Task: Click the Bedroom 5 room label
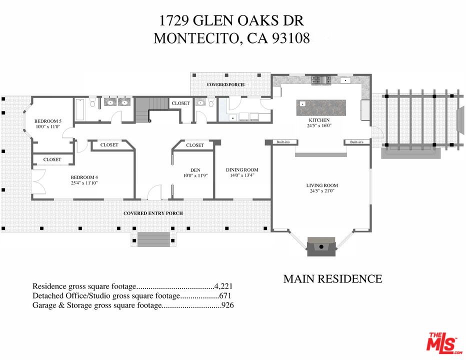[x=48, y=121]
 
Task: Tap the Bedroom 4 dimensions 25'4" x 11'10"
[x=84, y=183]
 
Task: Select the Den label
[x=195, y=170]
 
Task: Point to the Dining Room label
[x=242, y=169]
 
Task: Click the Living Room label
[x=322, y=185]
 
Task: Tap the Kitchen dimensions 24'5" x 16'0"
[x=319, y=125]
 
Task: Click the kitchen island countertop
[x=321, y=107]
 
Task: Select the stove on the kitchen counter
[x=321, y=79]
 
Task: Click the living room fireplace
[x=321, y=246]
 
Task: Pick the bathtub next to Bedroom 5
[x=79, y=109]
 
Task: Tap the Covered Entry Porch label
[x=153, y=213]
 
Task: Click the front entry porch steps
[x=153, y=239]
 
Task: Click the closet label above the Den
[x=195, y=145]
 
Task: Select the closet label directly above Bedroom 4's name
[x=52, y=159]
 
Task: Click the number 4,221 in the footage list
[x=223, y=286]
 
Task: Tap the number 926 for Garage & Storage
[x=227, y=305]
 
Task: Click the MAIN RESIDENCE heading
[x=332, y=279]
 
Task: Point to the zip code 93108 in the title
[x=291, y=38]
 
